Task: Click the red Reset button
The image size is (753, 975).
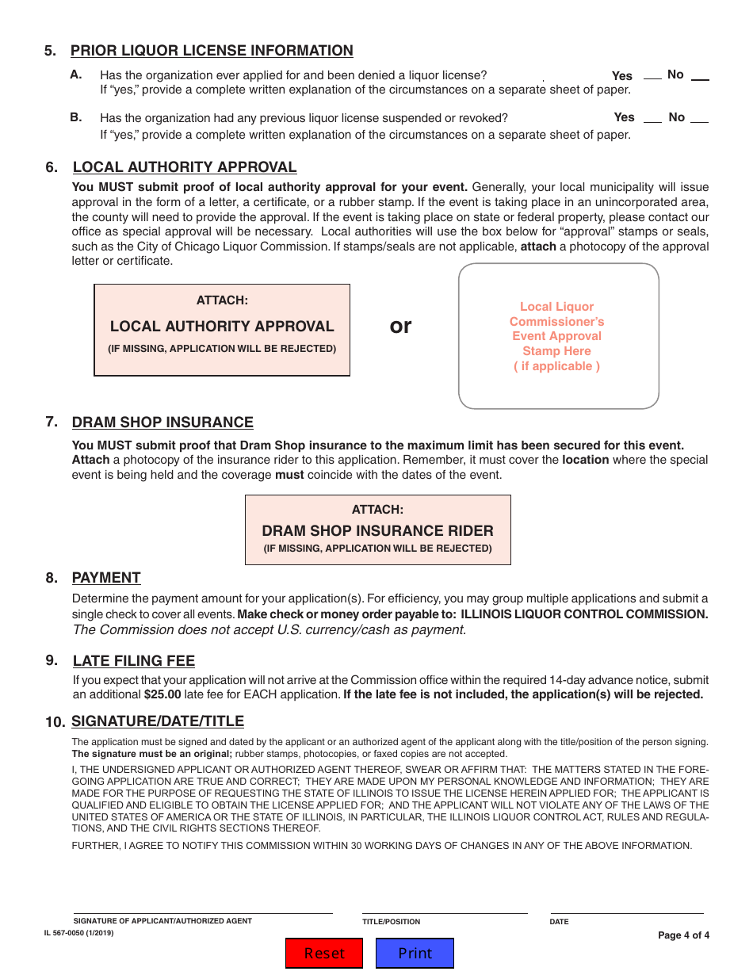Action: point(324,953)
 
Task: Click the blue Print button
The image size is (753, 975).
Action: point(415,953)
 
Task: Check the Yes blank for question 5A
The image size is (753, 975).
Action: point(652,77)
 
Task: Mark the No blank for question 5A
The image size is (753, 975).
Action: point(700,77)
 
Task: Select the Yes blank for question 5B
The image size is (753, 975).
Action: point(652,119)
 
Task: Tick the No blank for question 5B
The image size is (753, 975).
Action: point(699,119)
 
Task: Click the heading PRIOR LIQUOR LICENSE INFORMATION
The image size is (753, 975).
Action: point(212,51)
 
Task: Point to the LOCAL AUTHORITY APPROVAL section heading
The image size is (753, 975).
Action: point(185,167)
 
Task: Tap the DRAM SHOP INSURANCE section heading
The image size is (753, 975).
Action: point(162,422)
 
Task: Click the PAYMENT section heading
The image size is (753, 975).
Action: point(106,578)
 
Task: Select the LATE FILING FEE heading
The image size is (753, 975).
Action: point(133,661)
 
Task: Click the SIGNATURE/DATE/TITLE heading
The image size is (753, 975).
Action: point(158,721)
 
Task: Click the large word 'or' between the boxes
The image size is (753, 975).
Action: point(401,326)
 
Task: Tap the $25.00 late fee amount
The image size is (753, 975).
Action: point(162,694)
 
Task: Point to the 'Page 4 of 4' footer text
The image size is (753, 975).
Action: point(683,935)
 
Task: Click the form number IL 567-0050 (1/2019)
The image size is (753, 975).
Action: point(79,934)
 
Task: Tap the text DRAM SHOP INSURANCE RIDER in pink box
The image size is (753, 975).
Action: point(377,531)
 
